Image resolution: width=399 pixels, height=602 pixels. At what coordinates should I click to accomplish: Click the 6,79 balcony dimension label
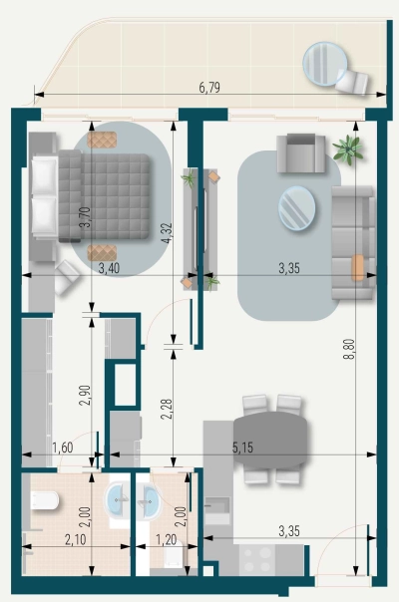point(208,88)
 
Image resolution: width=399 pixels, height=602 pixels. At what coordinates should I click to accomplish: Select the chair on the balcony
point(352,79)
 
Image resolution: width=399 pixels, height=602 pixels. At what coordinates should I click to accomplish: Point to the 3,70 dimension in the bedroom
point(86,217)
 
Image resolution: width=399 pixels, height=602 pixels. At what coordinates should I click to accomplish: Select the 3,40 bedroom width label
point(110,268)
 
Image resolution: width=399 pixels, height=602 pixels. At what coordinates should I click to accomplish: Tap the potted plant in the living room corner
point(347,150)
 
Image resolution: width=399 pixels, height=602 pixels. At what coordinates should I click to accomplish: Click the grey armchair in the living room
point(298,153)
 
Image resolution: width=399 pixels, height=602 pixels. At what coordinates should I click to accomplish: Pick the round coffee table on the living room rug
point(296,208)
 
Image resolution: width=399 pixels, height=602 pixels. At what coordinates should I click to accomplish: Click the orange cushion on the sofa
point(358,267)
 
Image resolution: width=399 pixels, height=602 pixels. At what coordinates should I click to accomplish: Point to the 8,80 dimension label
point(348,355)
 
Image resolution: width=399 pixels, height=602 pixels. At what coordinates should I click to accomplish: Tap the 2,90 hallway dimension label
point(86,394)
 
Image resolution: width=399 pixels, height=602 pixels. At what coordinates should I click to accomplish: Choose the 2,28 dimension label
point(167,409)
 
